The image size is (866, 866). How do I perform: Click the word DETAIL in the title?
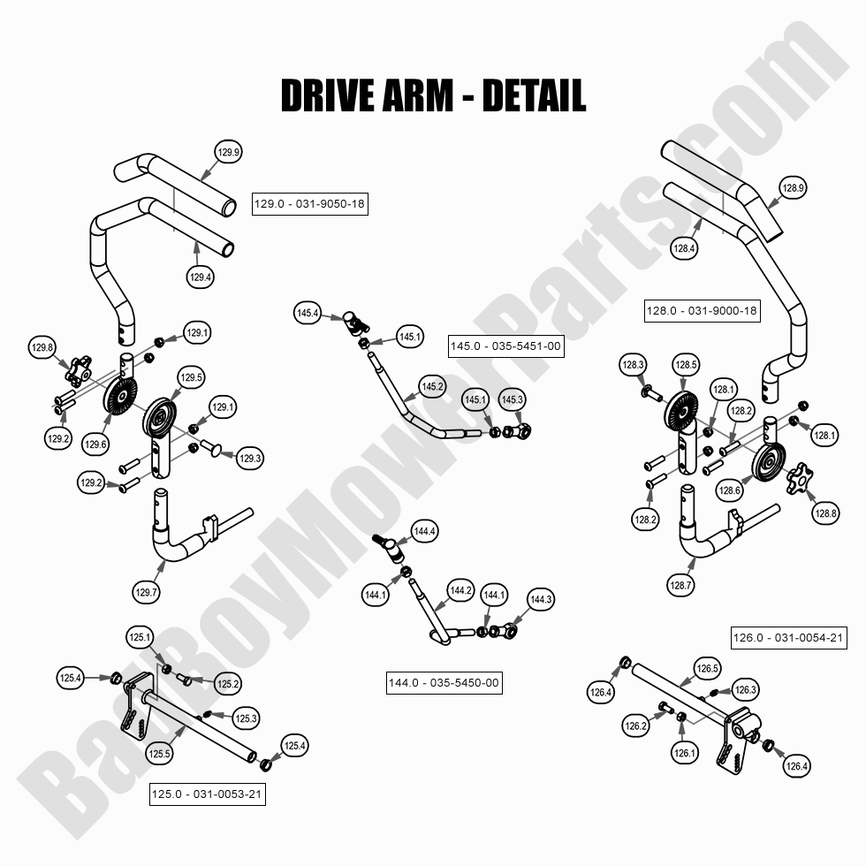533,95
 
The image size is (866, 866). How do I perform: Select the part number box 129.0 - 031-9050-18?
309,204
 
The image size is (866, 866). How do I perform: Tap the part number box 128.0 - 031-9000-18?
702,311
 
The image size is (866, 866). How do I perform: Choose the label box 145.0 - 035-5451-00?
505,346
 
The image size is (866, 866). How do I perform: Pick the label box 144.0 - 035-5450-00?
444,682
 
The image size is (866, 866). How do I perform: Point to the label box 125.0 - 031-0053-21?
208,794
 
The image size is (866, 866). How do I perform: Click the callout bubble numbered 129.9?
228,153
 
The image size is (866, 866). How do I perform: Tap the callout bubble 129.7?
148,592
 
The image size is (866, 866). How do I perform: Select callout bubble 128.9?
793,187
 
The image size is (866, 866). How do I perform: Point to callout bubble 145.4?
308,313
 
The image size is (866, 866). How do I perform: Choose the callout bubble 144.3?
541,600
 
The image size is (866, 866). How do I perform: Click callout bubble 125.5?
160,754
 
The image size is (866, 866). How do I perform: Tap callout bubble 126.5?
708,669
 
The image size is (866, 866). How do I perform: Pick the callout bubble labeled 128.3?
634,364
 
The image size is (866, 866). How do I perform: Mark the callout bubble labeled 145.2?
432,387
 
